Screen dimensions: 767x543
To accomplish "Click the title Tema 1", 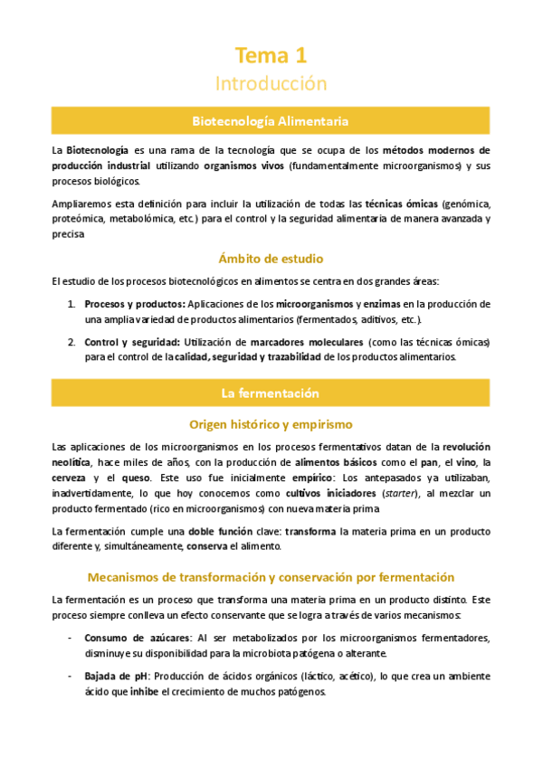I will [x=271, y=56].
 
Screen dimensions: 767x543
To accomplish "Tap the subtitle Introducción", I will [x=271, y=83].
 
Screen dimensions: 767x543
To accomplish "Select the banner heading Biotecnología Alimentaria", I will [x=271, y=120].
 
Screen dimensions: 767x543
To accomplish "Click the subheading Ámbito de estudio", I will [x=271, y=258].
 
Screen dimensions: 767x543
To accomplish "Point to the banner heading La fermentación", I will [x=271, y=393].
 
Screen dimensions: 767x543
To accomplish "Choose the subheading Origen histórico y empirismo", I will [x=271, y=424].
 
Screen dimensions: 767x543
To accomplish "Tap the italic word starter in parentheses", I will [x=368, y=493].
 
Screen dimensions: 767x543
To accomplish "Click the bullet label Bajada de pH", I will [x=116, y=676].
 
